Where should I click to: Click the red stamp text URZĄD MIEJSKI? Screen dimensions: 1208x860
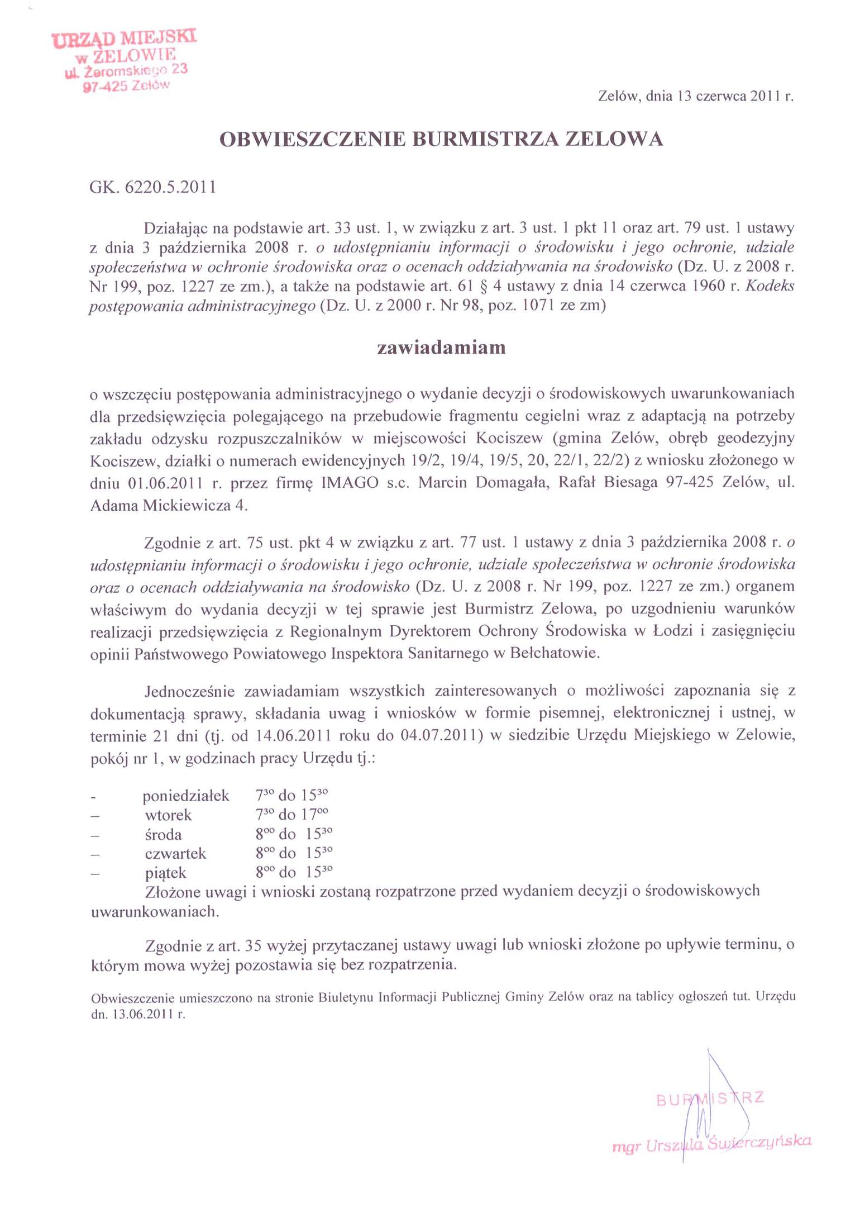tap(124, 39)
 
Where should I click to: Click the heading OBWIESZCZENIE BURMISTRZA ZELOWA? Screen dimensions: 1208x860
tap(441, 139)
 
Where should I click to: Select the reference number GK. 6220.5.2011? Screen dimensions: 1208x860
tap(152, 187)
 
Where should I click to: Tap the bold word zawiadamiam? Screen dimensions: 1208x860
tap(441, 348)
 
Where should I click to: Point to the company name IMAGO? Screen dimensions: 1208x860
tap(350, 483)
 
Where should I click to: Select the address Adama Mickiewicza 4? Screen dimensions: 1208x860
tap(168, 506)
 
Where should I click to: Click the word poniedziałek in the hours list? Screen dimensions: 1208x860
tap(185, 796)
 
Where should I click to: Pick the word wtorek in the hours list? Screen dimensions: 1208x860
tap(168, 815)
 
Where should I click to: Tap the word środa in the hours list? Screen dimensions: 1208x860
tap(163, 835)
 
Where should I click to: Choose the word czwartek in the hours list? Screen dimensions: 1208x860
tap(175, 854)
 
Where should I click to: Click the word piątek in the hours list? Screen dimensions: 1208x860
tap(165, 873)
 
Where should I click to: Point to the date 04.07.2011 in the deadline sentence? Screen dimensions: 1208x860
tap(442, 735)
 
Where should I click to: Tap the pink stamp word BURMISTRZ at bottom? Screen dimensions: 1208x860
tap(710, 1098)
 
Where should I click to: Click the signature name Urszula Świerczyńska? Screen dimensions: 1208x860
tap(728, 1142)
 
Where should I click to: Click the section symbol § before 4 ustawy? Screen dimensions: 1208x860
tap(484, 287)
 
